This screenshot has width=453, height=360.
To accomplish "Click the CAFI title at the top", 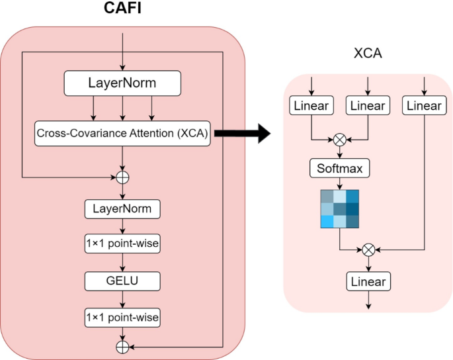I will [x=123, y=10].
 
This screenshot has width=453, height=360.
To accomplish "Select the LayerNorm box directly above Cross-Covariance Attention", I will [x=123, y=83].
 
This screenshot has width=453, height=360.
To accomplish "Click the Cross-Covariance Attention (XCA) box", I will [x=123, y=134].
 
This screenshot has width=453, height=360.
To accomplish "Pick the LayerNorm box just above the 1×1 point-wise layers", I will [x=123, y=209].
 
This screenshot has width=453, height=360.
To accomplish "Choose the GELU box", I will [x=123, y=281].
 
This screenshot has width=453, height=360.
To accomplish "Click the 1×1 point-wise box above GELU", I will [x=123, y=245].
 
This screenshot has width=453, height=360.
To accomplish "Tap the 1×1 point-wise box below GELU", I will [x=123, y=318].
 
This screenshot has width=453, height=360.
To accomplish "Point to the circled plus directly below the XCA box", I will [x=123, y=177].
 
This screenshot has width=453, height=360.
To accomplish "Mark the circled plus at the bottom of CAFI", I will [x=123, y=346].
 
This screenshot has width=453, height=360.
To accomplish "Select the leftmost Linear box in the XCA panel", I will [x=311, y=105].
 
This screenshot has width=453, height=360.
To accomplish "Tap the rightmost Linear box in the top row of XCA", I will [x=424, y=105].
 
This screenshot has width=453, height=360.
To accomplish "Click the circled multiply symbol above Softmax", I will [x=340, y=140].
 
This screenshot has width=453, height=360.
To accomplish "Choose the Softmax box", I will [x=340, y=169].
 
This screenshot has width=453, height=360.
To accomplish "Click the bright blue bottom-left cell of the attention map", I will [x=327, y=221].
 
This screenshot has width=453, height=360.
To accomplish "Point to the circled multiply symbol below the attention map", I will [x=368, y=249].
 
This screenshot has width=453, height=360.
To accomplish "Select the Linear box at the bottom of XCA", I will [x=368, y=282].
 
